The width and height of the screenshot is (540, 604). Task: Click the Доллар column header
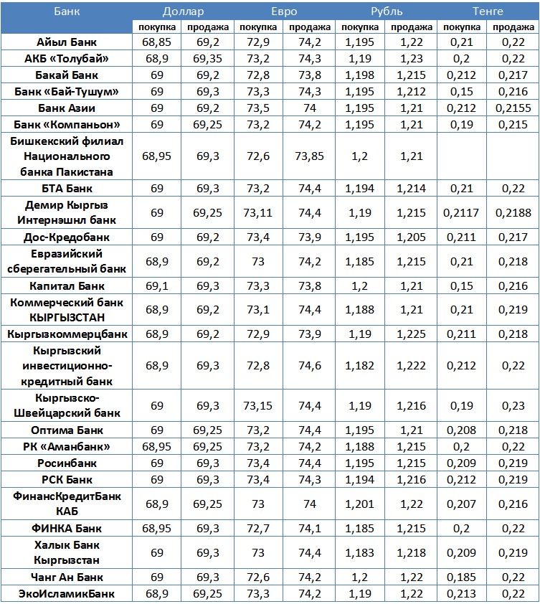pos(183,11)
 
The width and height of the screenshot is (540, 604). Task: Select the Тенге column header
pos(488,11)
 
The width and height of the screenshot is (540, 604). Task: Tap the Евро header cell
pos(284,11)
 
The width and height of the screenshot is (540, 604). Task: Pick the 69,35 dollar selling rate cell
pos(208,59)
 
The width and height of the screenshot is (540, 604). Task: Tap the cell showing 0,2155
pos(513,108)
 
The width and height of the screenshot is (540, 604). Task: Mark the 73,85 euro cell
pos(310,156)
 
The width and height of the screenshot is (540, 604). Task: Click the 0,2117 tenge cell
pos(462,213)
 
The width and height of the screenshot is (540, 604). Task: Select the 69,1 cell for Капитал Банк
pos(157,286)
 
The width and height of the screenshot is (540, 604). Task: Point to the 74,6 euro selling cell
pos(310,366)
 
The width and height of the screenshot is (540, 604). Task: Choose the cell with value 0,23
pos(513,406)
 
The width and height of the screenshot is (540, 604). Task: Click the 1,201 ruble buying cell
pos(359,504)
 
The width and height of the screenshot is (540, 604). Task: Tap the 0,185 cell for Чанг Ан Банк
pos(462,577)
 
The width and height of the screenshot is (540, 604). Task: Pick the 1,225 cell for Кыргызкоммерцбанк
pos(411,334)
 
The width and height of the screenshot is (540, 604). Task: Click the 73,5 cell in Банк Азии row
pos(259,108)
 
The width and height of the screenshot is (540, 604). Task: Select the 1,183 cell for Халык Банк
pos(359,552)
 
